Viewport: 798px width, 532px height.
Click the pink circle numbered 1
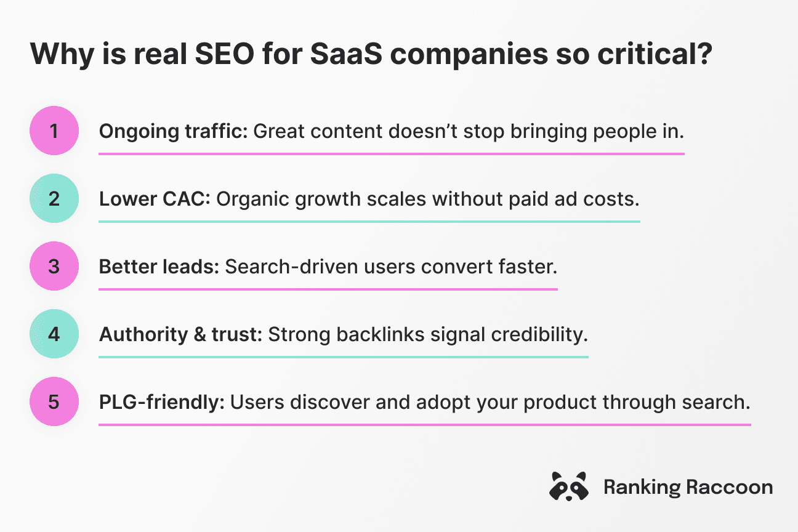[54, 131]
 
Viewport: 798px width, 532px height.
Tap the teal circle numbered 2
[54, 198]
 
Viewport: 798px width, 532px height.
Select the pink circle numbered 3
[54, 266]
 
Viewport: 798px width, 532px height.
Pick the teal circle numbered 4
[54, 334]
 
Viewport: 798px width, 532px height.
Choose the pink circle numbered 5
[54, 401]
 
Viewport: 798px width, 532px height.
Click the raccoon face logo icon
[568, 487]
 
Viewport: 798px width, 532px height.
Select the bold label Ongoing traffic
[172, 131]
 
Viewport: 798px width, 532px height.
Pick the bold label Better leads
[158, 267]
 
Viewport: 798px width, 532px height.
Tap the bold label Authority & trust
[181, 334]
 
